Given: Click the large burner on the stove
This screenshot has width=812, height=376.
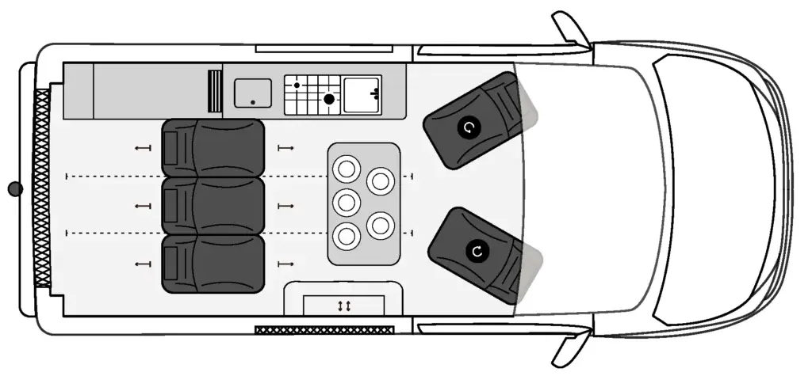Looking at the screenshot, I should coord(328,99).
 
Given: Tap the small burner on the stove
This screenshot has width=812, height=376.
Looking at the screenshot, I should coord(297,85).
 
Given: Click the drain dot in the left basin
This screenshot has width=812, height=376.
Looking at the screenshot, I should coord(252,102).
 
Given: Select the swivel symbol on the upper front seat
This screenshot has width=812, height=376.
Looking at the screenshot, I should coord(469,127).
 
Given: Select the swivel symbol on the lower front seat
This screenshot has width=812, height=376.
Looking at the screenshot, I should coord(477,251).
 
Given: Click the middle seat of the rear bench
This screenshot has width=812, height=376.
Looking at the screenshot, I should coord(213,205).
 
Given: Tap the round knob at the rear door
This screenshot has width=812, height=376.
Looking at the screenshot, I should coord(14,188).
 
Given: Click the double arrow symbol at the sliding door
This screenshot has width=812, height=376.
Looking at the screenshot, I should coord(344,305).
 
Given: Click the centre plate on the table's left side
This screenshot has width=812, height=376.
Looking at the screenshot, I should coord(346,202).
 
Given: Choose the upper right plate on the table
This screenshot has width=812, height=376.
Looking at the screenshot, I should coord(381,181).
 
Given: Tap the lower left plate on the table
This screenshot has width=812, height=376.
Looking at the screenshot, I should coord(346,235).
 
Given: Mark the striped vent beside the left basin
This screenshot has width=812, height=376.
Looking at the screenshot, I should coord(214,90).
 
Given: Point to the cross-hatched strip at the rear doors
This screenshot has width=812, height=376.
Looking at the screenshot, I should coord(41,188).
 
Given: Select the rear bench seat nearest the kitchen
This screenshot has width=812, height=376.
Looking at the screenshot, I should coord(213,147).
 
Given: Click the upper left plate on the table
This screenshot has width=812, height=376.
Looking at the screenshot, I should coord(346,168).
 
